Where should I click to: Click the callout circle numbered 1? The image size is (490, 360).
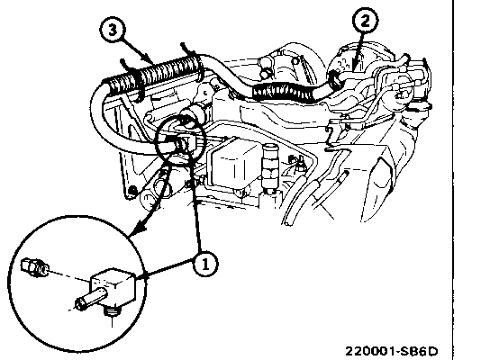tap(205, 264)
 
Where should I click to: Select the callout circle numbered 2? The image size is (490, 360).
tap(365, 21)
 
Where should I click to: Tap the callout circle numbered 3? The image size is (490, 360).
tap(113, 30)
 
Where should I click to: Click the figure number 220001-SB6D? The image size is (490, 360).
tap(391, 351)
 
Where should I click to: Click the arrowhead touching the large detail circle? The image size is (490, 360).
tap(140, 228)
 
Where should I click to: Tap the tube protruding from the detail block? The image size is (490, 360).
tap(91, 299)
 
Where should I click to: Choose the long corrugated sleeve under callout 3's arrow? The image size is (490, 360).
tap(154, 75)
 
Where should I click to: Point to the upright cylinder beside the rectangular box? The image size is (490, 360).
tap(268, 166)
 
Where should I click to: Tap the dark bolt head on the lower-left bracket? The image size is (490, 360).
tap(133, 190)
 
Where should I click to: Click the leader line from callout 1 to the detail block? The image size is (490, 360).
tap(168, 267)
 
